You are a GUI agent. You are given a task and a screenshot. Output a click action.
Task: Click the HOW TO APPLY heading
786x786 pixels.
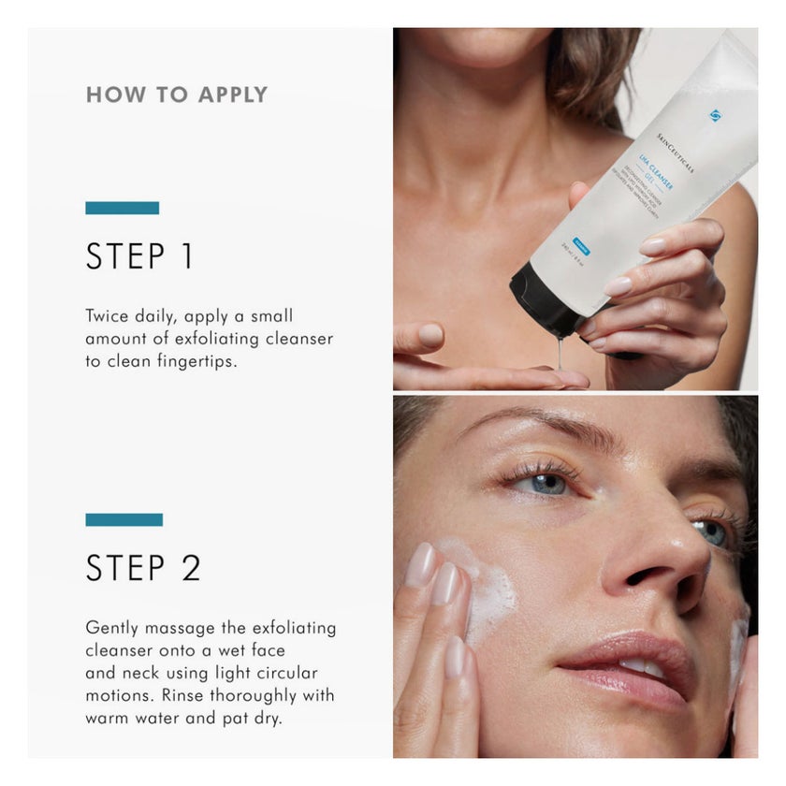tap(177, 95)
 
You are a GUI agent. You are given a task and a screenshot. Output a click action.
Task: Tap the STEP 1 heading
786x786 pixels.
tap(139, 256)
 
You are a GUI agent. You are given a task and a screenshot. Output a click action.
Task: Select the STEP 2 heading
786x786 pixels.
tap(143, 568)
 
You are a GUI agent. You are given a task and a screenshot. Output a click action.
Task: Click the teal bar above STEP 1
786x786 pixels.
tap(122, 208)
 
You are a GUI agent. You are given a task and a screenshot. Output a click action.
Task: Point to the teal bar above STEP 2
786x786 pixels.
tap(124, 519)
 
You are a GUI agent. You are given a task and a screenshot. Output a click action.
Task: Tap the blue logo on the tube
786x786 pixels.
tap(716, 115)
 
